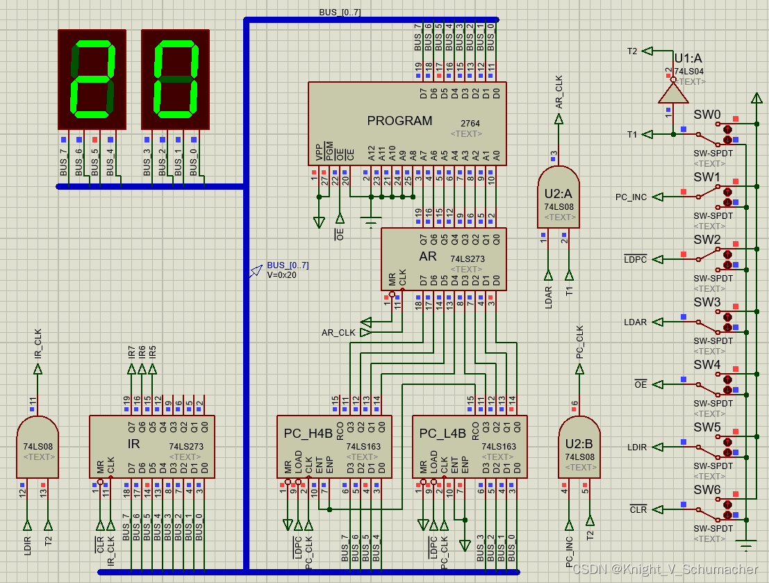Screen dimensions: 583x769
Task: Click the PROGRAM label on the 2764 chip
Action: pyautogui.click(x=399, y=121)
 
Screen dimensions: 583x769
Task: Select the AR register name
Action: pyautogui.click(x=428, y=256)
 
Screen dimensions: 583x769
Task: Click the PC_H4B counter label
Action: pyautogui.click(x=308, y=434)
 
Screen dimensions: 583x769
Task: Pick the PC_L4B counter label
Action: pyautogui.click(x=443, y=434)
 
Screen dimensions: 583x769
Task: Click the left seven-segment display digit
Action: pyautogui.click(x=92, y=79)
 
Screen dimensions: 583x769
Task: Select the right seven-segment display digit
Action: pyautogui.click(x=175, y=79)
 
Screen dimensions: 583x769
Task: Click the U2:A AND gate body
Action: pyautogui.click(x=558, y=197)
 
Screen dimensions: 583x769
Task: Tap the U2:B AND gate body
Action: pyautogui.click(x=579, y=447)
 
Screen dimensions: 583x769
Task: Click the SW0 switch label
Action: pyautogui.click(x=707, y=115)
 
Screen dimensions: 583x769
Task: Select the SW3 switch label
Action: pyautogui.click(x=707, y=302)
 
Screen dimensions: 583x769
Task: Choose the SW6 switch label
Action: pyautogui.click(x=707, y=490)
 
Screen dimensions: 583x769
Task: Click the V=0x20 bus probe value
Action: pyautogui.click(x=282, y=274)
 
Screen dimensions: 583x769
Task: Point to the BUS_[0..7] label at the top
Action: pyautogui.click(x=340, y=13)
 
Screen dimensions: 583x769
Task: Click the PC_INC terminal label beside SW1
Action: pyautogui.click(x=631, y=197)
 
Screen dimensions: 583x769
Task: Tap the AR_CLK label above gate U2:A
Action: pyautogui.click(x=559, y=92)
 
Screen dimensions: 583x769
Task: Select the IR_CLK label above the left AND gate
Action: pyautogui.click(x=38, y=344)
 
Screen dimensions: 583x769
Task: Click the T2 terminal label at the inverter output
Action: pyautogui.click(x=632, y=51)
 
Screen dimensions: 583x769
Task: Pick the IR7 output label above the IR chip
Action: pyautogui.click(x=132, y=352)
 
